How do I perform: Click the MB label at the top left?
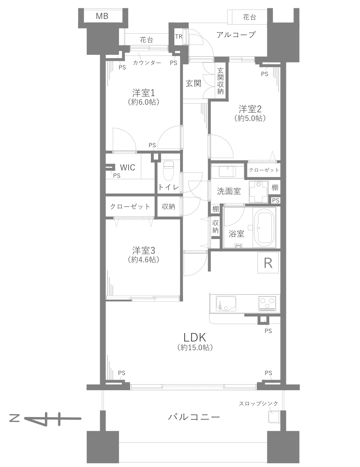point(102,16)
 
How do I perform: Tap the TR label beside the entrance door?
point(178,37)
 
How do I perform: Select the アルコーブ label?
point(236,35)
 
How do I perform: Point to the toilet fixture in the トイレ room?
point(169,171)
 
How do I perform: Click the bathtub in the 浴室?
point(264,228)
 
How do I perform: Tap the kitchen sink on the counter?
point(226,303)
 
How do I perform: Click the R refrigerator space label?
point(268,263)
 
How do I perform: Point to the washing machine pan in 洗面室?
point(259,191)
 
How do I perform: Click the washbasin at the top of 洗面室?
point(227,171)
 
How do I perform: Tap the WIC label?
point(127,167)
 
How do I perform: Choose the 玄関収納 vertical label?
point(220,81)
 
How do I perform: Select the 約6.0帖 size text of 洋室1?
point(144,102)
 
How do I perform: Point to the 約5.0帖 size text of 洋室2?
point(250,118)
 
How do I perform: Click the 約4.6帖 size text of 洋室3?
point(144,260)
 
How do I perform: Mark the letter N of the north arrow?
point(15,418)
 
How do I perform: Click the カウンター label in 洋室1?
point(147,63)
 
